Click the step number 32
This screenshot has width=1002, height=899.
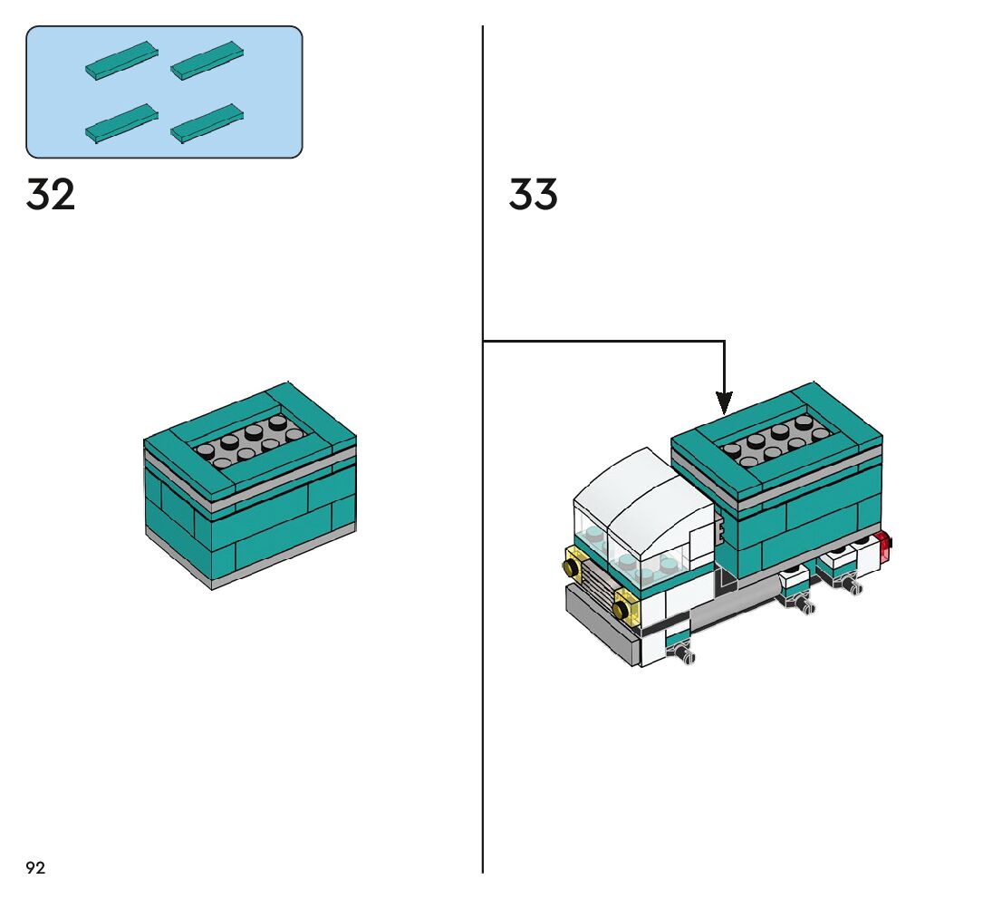tap(51, 195)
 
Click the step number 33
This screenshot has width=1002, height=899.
tap(533, 195)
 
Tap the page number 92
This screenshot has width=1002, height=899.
tap(35, 868)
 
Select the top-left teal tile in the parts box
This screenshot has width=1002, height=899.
tap(122, 60)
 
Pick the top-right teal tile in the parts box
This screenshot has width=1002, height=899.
tap(207, 60)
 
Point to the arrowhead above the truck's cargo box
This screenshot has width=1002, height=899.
tap(724, 402)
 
